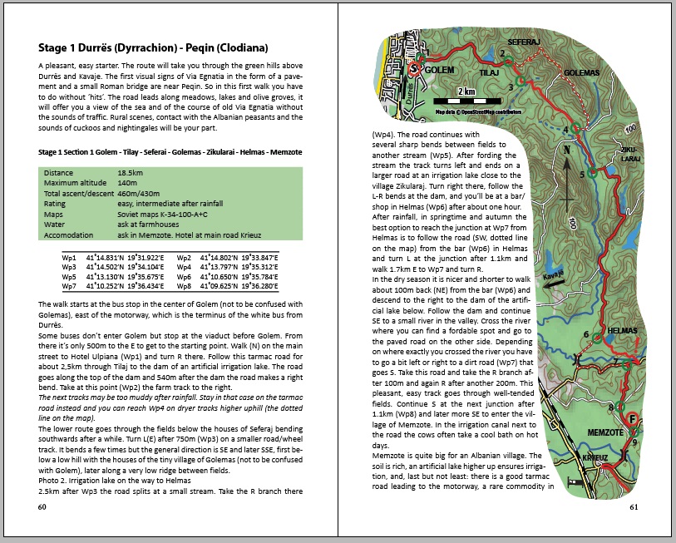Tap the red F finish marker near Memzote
point(633,418)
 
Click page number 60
point(42,507)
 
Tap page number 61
point(634,507)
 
